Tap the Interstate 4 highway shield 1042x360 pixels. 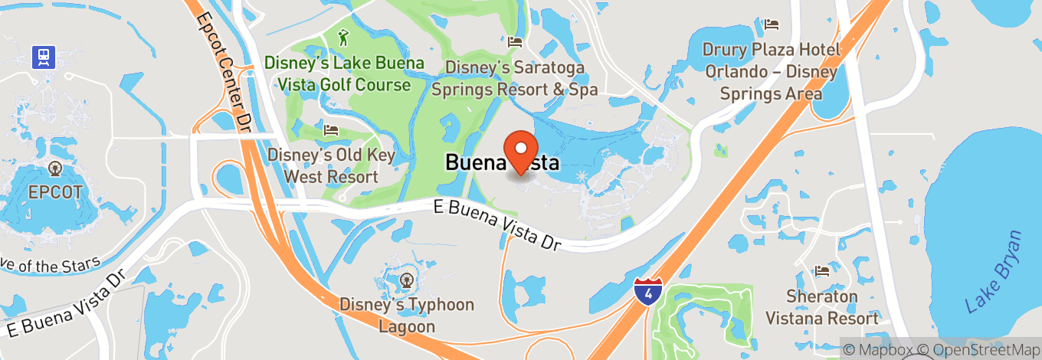coord(648,291)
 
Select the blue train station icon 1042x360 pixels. coord(42,56)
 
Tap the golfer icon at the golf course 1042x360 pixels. coord(344,36)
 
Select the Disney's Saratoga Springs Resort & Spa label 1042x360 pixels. coord(514,79)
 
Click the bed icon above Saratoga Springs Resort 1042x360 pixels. coord(515,41)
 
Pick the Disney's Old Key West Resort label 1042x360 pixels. coord(331,165)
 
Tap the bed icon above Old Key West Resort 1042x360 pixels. coord(331,129)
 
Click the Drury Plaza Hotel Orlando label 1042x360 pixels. coord(772,72)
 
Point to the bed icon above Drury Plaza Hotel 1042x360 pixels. coord(772,25)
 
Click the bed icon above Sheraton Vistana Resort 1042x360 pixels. coord(823,271)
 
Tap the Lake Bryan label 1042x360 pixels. coord(994,272)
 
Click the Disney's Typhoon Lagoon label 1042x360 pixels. coord(407,316)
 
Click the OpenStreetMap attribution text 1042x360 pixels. coord(978,350)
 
